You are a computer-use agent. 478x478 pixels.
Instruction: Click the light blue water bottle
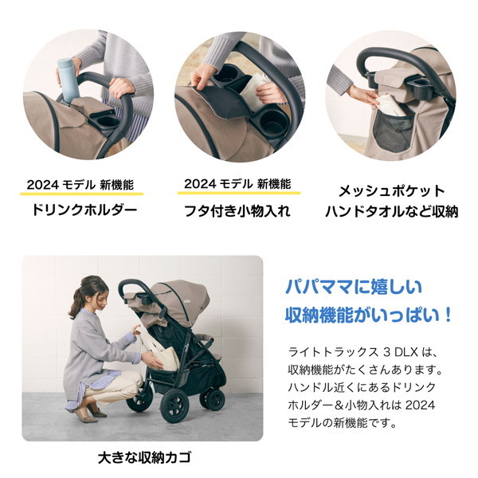tap(66, 80)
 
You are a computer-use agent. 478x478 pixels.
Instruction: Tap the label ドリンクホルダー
tap(84, 211)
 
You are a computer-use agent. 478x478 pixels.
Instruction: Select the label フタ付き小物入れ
tap(238, 211)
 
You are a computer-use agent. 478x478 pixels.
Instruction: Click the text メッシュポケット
tap(391, 191)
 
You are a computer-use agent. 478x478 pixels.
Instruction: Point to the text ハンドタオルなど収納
tap(391, 212)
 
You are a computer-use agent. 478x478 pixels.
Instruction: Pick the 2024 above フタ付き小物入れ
tap(201, 184)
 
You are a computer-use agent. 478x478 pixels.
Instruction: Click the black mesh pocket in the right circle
tap(398, 131)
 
